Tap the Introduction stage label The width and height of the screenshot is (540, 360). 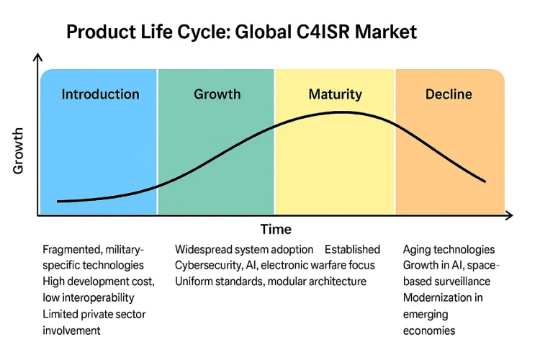pyautogui.click(x=100, y=94)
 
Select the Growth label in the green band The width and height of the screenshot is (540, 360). pyautogui.click(x=217, y=94)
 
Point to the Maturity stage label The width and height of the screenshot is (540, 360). pyautogui.click(x=335, y=94)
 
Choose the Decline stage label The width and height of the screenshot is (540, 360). pyautogui.click(x=449, y=94)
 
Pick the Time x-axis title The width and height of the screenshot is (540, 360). pyautogui.click(x=276, y=230)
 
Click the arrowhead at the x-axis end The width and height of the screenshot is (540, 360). pyautogui.click(x=508, y=215)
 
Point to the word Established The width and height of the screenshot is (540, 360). pyautogui.click(x=352, y=250)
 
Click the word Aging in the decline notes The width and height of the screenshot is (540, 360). pyautogui.click(x=418, y=251)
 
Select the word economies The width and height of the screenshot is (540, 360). pyautogui.click(x=429, y=330)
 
